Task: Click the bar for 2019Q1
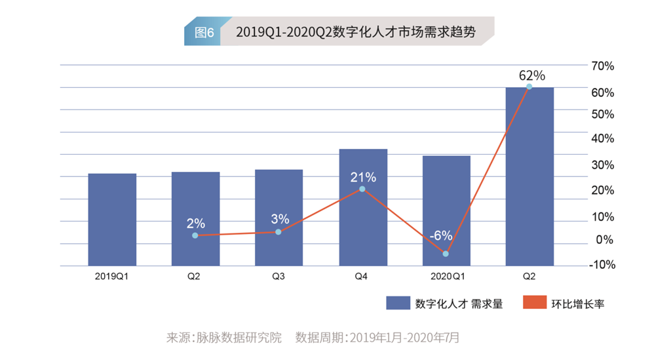coord(112,220)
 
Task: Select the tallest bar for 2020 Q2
coord(529,177)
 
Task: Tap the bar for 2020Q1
coord(446,210)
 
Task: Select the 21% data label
coord(363,177)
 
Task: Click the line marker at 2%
coord(195,235)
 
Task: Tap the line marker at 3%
coord(278,231)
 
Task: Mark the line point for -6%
coord(446,254)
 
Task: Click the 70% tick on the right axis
coord(602,66)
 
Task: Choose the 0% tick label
coord(605,240)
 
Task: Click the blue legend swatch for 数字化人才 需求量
coord(397,303)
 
